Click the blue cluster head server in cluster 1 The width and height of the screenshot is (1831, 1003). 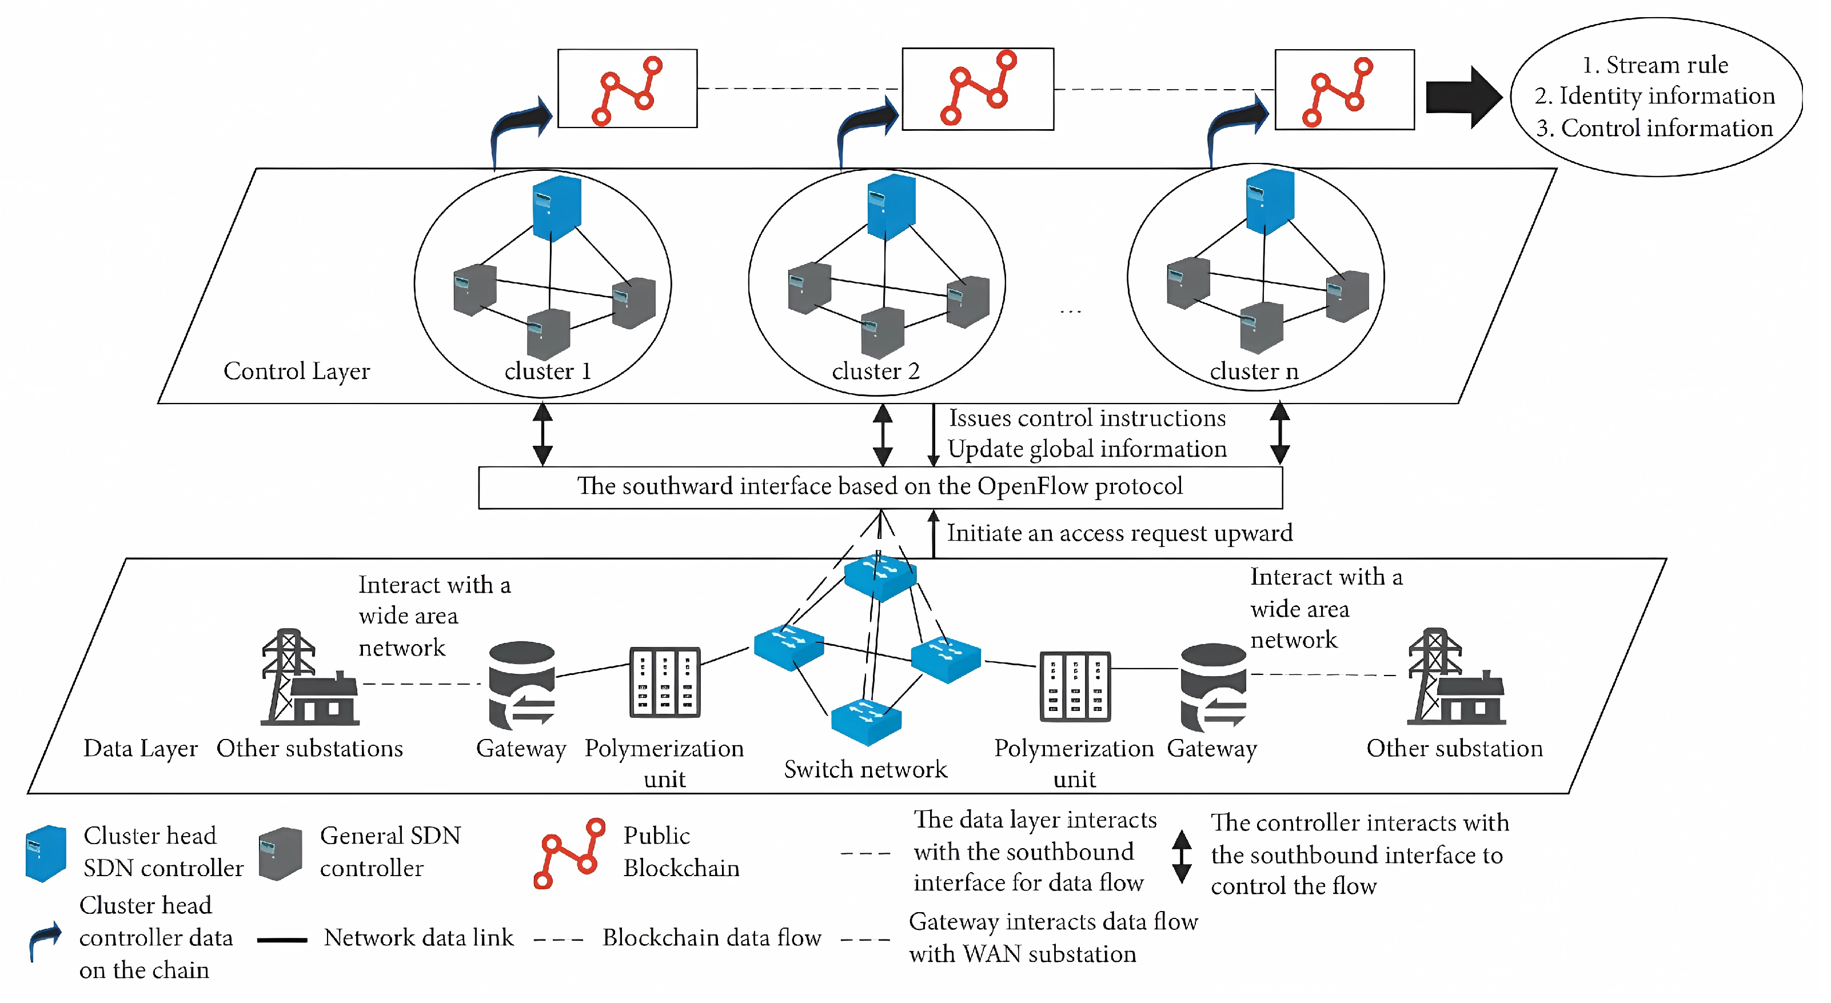(x=557, y=207)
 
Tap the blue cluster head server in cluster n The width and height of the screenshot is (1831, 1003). (x=1270, y=201)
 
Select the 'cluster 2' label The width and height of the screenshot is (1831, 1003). (x=875, y=371)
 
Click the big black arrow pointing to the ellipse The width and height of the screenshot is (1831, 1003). (x=1462, y=97)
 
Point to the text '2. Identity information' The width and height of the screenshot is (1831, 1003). (x=1654, y=96)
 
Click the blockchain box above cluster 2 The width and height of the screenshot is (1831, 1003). (x=978, y=89)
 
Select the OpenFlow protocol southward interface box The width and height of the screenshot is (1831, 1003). (x=880, y=487)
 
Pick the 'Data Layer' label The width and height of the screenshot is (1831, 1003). (x=140, y=749)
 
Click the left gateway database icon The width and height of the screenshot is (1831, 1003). (x=522, y=685)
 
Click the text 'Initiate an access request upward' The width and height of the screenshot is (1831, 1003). (x=1119, y=533)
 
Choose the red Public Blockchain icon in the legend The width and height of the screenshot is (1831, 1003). (x=569, y=853)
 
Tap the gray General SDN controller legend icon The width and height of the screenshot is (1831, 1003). (x=280, y=853)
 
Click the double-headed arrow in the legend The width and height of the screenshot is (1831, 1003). (x=1182, y=856)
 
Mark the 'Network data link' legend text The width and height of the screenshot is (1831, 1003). (x=418, y=938)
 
